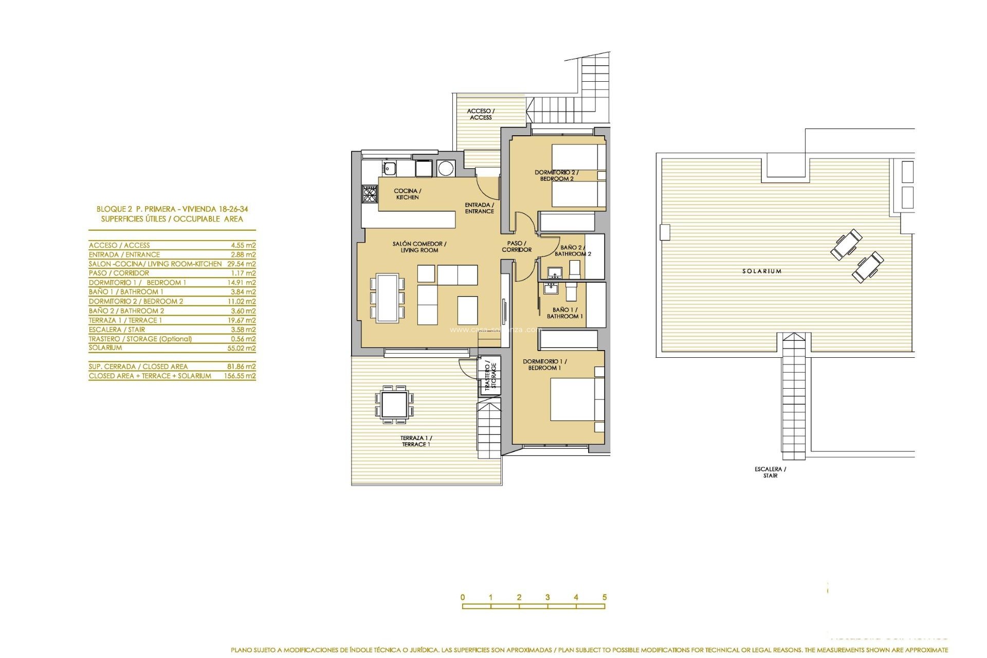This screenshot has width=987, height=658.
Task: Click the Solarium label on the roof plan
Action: (x=761, y=271)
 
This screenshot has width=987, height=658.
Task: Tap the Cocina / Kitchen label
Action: (x=407, y=194)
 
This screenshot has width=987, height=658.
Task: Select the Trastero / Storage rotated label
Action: (x=490, y=376)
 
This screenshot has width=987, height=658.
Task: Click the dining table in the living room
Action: (x=387, y=298)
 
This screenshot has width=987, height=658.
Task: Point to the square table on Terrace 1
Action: (x=395, y=404)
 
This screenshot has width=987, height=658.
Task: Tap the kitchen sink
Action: (x=389, y=168)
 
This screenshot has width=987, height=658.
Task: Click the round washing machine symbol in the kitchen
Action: (x=445, y=168)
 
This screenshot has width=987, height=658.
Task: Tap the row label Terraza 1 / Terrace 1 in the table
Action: (x=125, y=320)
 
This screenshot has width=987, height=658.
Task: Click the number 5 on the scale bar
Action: (x=605, y=597)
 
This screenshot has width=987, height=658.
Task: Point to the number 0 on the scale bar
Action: (x=463, y=597)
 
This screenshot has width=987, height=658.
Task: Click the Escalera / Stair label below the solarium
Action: (x=770, y=472)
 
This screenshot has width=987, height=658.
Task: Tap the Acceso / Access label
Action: (x=481, y=114)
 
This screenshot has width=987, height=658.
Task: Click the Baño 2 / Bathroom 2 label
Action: (x=573, y=250)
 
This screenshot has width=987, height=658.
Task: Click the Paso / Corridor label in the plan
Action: (x=516, y=246)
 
